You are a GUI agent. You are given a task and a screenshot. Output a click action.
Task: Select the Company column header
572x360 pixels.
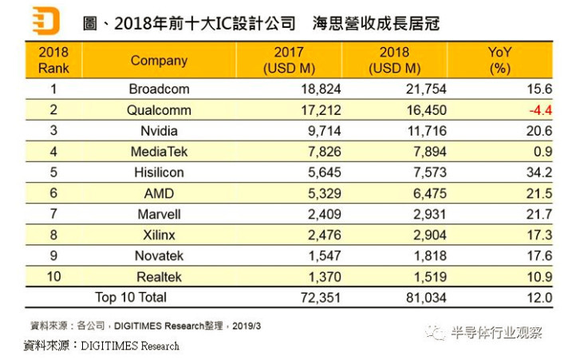tap(159, 61)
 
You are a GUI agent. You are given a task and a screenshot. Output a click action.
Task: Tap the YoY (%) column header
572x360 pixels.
tap(499, 61)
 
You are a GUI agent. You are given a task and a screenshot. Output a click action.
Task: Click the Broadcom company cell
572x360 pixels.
tap(159, 89)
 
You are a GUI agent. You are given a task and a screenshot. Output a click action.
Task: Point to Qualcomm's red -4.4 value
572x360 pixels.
tap(538, 110)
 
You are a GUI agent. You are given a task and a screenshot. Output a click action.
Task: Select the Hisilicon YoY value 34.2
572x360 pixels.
tap(538, 172)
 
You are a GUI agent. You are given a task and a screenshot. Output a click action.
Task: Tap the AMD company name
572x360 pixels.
tap(159, 193)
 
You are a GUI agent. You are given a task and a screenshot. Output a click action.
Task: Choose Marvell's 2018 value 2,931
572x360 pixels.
tap(428, 214)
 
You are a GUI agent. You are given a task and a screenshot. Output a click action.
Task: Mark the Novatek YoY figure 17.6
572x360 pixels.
tap(538, 255)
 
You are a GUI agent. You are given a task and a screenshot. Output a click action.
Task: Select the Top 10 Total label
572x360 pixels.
tap(131, 297)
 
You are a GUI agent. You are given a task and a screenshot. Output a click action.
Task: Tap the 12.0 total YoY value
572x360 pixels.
tap(538, 297)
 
